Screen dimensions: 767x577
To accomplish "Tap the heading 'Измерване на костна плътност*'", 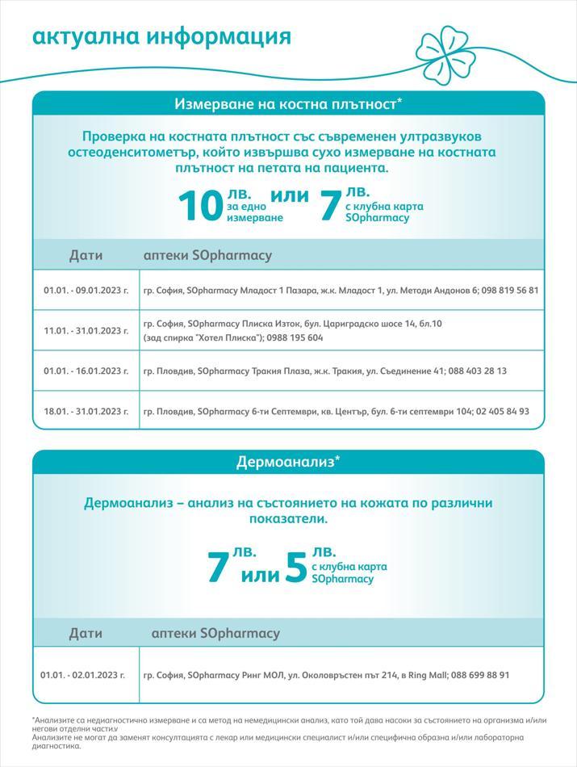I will click(x=288, y=103).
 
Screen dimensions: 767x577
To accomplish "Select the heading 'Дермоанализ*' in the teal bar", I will click(x=288, y=462).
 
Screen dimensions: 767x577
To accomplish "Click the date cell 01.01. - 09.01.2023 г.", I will click(x=86, y=290).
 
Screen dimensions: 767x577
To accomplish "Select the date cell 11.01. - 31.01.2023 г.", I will click(x=86, y=330).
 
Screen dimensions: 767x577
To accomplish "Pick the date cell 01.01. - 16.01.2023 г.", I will click(x=86, y=371).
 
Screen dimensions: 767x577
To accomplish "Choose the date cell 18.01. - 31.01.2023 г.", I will click(x=86, y=411).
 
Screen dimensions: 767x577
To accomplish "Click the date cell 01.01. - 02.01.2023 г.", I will click(x=83, y=674).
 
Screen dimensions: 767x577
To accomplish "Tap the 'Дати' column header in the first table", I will click(x=86, y=255).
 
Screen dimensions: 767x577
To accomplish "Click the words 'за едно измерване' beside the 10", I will click(x=254, y=212).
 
